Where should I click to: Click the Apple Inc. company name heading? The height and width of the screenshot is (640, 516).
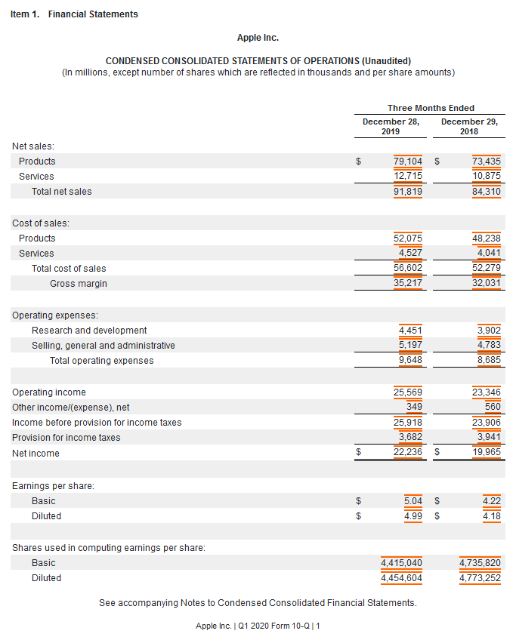click(258, 38)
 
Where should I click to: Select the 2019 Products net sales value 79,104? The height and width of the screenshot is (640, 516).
click(408, 162)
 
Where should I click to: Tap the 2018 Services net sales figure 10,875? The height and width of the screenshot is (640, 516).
click(487, 177)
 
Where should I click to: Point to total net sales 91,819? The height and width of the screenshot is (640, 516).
click(408, 192)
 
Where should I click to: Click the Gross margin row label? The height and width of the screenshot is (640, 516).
click(79, 284)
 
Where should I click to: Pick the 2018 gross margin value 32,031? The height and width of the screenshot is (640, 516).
click(487, 284)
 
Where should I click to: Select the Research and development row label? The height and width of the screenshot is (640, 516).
click(89, 331)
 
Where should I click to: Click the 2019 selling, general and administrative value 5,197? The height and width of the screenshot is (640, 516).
click(410, 346)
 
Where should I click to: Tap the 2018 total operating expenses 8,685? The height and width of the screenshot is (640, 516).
click(489, 361)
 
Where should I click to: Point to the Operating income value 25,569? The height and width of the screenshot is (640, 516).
click(408, 392)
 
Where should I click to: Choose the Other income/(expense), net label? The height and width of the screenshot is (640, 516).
click(71, 408)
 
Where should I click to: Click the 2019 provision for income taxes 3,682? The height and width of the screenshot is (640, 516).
click(410, 438)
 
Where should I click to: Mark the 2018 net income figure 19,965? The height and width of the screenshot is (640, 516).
click(487, 453)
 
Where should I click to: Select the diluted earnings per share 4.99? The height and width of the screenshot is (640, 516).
click(412, 516)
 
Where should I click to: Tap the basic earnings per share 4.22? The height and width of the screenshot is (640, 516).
click(491, 501)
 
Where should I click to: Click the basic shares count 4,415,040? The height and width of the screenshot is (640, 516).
click(401, 563)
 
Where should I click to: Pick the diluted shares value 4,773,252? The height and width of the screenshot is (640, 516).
click(480, 578)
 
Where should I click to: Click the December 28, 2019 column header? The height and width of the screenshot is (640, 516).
click(391, 126)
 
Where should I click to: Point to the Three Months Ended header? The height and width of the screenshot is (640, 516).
click(431, 108)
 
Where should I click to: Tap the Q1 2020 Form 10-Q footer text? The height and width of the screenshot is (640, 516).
click(258, 626)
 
